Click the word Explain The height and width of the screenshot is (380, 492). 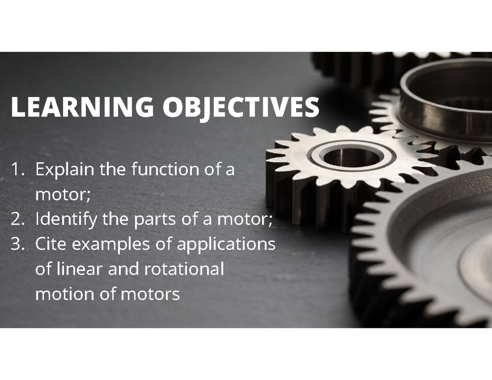pyautogui.click(x=64, y=170)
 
